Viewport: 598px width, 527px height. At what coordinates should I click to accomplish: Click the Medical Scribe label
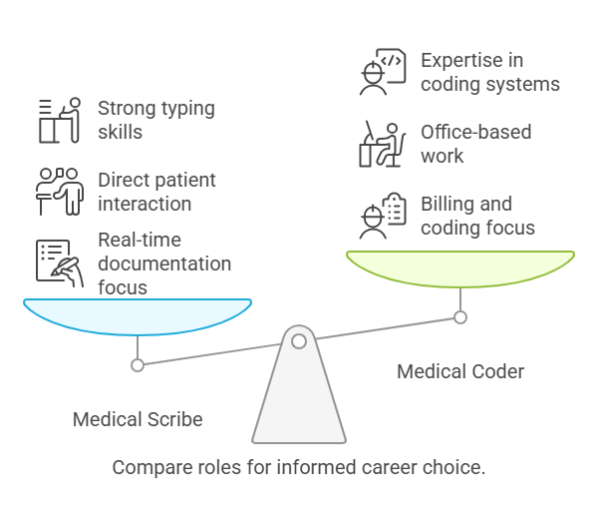point(138,419)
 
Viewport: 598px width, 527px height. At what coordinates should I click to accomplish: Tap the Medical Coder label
point(460,372)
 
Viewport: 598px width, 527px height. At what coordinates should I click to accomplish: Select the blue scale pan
point(138,317)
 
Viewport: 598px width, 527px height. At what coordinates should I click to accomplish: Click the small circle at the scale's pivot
point(299,341)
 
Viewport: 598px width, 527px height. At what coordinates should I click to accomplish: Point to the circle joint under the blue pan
point(138,365)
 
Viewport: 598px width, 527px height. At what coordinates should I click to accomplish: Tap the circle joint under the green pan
point(460,317)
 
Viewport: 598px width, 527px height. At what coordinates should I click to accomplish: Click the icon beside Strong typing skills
point(58,120)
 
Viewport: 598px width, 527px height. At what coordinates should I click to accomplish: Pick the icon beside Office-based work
point(382,144)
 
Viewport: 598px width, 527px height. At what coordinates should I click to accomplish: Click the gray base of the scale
point(299,404)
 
